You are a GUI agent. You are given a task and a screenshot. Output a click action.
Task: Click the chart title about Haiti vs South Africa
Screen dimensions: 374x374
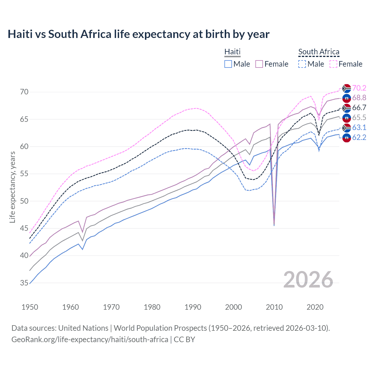click(138, 34)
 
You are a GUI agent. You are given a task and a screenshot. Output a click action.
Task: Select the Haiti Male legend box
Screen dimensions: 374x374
click(228, 64)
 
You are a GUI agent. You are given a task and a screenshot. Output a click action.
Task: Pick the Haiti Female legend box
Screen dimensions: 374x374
click(259, 64)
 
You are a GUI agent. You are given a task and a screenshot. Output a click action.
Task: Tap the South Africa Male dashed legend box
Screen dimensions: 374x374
click(302, 64)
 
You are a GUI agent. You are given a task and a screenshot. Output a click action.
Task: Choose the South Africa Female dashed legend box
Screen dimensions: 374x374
click(333, 64)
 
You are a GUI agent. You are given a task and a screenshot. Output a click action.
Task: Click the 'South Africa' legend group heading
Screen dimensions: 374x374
click(319, 52)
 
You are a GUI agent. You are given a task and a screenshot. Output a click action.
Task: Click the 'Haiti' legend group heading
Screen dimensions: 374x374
click(232, 52)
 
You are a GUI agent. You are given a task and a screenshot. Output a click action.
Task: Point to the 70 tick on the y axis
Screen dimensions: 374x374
click(24, 92)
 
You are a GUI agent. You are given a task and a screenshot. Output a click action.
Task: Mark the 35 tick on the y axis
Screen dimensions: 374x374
click(24, 283)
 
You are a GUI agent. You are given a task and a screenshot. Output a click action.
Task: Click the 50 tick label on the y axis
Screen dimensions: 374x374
click(24, 201)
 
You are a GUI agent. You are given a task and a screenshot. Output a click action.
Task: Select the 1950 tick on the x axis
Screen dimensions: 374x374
click(30, 307)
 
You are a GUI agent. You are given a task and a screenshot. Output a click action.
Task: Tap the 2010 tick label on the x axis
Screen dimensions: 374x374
click(274, 307)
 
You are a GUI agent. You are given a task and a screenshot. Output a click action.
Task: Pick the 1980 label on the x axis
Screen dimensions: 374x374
click(152, 307)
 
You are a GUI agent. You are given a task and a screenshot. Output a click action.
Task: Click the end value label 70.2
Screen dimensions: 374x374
click(359, 88)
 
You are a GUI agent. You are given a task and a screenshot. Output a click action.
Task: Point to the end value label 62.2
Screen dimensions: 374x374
click(359, 137)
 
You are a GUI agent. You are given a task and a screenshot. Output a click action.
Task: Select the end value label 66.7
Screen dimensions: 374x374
click(359, 108)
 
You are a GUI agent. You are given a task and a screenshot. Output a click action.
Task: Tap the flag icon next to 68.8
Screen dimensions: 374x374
click(347, 98)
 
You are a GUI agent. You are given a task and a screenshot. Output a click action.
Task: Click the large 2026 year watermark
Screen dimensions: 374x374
click(308, 280)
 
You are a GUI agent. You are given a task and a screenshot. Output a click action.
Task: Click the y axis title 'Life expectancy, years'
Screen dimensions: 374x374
click(12, 187)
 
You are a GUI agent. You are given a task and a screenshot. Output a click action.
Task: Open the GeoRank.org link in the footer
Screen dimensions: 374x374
click(90, 340)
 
